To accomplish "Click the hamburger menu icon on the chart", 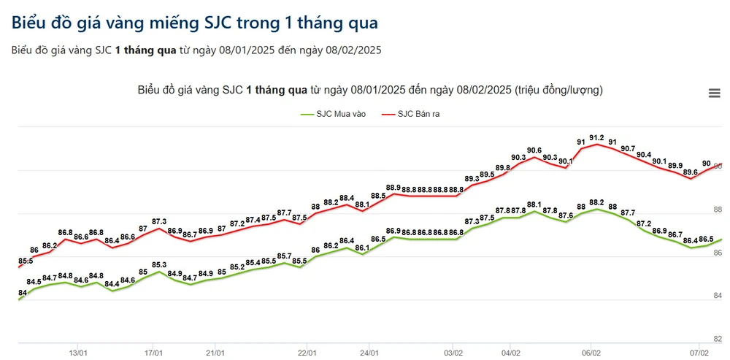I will click(x=714, y=93).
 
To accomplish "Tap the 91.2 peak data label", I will click(x=596, y=137).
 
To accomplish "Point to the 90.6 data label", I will click(x=534, y=150).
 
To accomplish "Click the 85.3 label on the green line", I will click(x=159, y=265).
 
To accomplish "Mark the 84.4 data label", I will click(x=112, y=284).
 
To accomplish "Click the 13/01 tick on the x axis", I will click(x=79, y=351).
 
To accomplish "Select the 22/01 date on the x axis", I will click(x=307, y=351).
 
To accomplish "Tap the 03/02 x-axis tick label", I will click(x=453, y=351).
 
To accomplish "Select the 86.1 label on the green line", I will click(x=362, y=248).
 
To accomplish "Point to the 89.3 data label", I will click(x=471, y=179).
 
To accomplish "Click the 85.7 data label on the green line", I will click(x=285, y=256).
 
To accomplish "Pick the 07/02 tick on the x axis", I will click(x=698, y=351).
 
